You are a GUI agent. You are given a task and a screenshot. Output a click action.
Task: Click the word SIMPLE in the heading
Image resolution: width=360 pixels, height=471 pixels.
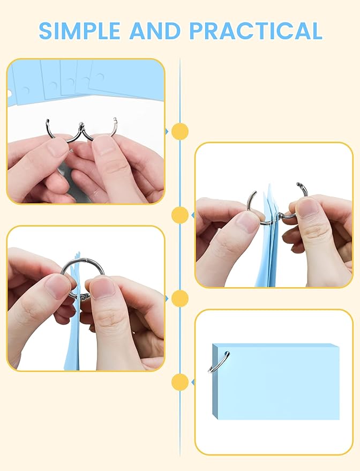tap(80, 31)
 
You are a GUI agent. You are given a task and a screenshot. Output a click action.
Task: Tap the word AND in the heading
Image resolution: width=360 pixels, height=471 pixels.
tap(155, 31)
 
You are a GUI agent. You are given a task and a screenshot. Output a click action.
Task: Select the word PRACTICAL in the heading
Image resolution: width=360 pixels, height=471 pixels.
tap(256, 31)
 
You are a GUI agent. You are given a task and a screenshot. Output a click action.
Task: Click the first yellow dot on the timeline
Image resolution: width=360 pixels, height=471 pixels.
tap(180, 131)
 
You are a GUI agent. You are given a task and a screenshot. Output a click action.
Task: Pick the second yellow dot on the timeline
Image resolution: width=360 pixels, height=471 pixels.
tap(180, 215)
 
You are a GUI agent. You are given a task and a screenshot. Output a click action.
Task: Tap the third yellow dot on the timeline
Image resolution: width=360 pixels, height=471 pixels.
tap(180, 298)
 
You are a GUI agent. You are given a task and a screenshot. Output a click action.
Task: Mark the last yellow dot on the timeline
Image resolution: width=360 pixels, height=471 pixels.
tap(180, 382)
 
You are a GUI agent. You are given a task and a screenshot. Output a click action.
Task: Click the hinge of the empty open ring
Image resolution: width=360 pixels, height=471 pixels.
tap(81, 126)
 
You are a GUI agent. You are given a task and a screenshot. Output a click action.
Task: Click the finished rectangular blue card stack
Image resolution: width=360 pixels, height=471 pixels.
tap(276, 382)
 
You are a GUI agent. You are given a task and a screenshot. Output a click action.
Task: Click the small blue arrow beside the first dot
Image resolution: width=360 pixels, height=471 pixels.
tap(167, 131)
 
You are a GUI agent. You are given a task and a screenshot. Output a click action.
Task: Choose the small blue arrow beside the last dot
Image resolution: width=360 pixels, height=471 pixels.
tap(193, 382)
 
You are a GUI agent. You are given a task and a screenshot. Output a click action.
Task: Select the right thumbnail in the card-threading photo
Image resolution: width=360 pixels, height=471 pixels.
tap(307, 207)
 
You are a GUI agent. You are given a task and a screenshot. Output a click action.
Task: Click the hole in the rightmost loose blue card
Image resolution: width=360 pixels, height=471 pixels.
tap(100, 78)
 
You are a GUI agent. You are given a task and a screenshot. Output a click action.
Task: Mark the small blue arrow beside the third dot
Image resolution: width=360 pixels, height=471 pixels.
tap(167, 298)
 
